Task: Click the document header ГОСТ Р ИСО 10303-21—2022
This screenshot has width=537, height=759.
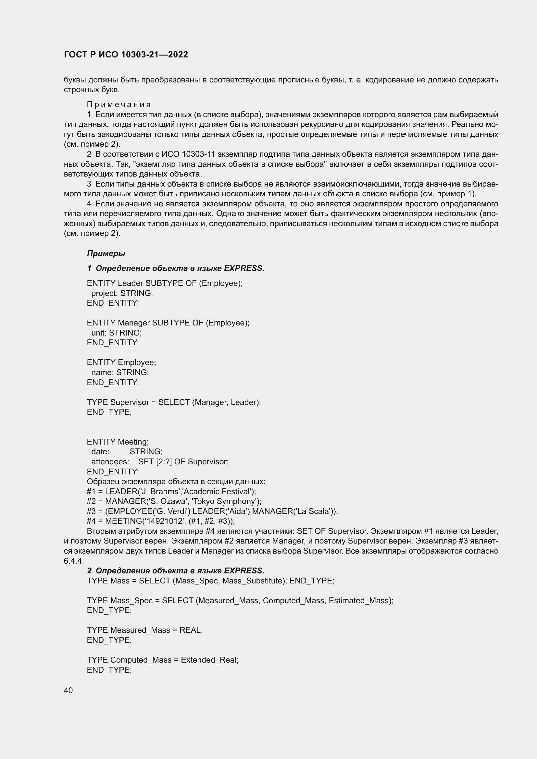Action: coord(126,55)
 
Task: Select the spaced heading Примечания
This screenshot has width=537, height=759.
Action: coord(119,105)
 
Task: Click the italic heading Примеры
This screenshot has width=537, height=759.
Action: coord(106,253)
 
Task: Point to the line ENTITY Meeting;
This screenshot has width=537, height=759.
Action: coord(118,442)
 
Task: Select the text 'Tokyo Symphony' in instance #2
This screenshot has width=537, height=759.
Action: coord(223,501)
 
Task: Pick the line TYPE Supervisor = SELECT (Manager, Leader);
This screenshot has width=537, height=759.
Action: coord(174,402)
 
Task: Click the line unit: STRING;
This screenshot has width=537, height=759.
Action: coord(117,333)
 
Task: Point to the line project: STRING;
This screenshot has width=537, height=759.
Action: coord(122,293)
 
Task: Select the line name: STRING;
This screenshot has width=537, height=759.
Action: coord(120,372)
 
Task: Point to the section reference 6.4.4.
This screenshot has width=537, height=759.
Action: coord(73,561)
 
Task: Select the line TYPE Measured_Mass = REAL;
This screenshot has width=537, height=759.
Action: coord(145,630)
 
